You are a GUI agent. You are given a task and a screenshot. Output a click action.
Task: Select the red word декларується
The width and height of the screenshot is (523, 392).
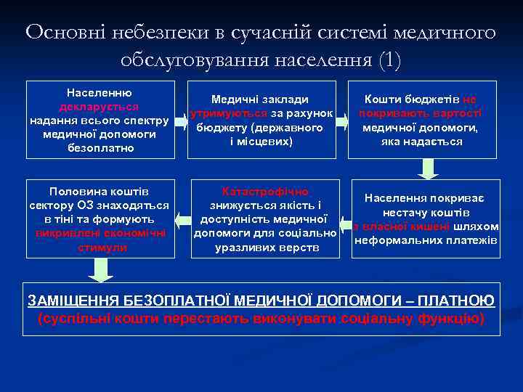(100, 107)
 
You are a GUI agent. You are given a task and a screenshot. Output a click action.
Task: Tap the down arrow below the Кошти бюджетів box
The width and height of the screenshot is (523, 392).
(428, 168)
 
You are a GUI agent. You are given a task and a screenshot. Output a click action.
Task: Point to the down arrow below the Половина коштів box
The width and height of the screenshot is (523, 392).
(100, 269)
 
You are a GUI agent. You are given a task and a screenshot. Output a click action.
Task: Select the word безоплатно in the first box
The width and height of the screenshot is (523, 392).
(99, 148)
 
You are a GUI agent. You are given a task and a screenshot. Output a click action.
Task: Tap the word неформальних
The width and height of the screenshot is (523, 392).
(393, 240)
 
